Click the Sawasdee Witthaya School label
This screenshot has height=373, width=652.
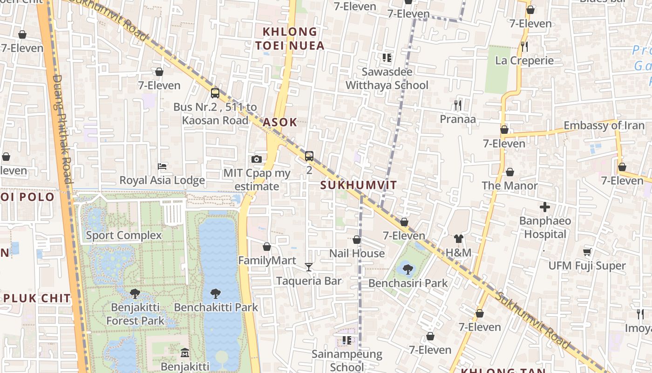point(387,79)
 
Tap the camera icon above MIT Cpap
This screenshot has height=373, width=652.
point(256,159)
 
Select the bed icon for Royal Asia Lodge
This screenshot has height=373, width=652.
point(162,166)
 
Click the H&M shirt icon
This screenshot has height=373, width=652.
point(459,239)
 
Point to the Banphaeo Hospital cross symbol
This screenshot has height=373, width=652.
point(544,207)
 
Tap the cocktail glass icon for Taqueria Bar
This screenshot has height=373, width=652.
point(308,267)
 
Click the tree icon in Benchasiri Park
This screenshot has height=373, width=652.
point(408,269)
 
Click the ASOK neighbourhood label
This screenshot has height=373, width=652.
point(280,122)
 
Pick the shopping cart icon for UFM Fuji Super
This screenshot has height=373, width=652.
point(587,252)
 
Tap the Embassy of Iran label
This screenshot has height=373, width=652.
point(604,125)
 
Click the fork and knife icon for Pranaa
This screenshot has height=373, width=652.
point(458,105)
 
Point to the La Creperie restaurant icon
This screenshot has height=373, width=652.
point(524,47)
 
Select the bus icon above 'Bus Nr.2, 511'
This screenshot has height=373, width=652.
point(215,93)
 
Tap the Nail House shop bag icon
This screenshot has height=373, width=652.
point(357,240)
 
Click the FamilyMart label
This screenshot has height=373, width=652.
point(267,260)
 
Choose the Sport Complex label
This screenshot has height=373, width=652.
point(124,235)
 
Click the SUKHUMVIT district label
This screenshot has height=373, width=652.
point(359,185)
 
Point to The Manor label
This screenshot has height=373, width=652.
point(509,186)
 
